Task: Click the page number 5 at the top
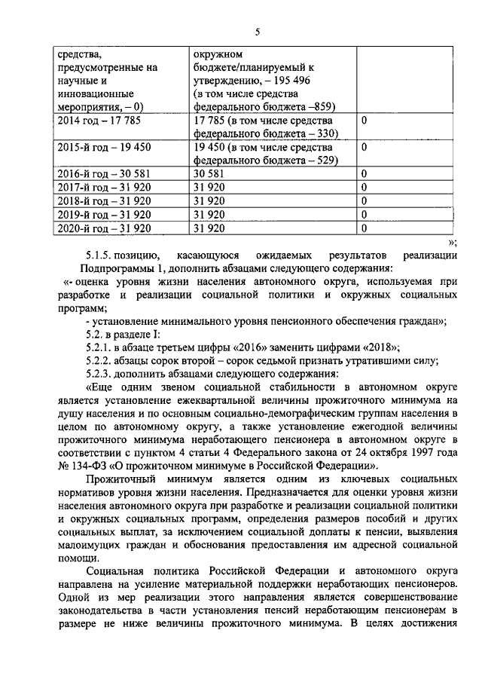point(257,32)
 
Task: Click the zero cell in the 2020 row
point(364,228)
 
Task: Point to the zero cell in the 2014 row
point(364,120)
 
